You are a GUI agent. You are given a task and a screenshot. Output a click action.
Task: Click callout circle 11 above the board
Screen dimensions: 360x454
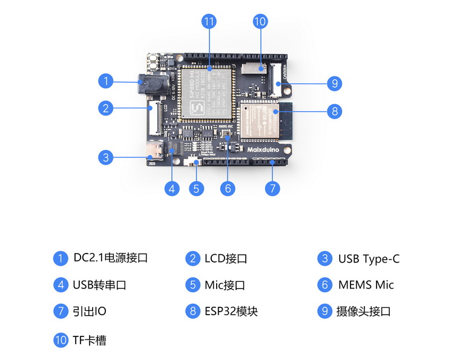pos(209,22)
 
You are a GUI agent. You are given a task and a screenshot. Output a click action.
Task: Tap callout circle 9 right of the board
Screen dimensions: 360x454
pos(334,83)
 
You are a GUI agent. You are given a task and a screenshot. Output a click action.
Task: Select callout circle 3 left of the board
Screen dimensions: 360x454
pos(106,157)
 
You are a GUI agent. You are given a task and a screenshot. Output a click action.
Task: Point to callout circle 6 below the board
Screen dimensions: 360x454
pos(227,188)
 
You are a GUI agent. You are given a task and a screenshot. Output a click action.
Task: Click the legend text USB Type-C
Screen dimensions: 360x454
pos(369,259)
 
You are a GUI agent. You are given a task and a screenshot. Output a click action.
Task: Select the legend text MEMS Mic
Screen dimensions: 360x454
pos(366,285)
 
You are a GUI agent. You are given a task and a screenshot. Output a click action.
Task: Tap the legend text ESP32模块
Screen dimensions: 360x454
pos(231,312)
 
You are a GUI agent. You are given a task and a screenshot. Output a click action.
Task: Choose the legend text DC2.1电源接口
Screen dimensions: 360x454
pos(110,258)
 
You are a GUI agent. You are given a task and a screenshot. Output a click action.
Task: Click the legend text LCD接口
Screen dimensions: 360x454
pos(226,259)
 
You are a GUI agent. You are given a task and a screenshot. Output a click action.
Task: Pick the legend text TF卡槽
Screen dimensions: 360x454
pos(90,340)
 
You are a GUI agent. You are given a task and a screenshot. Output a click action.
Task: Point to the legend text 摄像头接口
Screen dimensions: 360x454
pos(363,312)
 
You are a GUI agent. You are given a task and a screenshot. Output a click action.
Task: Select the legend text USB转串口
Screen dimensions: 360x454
pos(99,285)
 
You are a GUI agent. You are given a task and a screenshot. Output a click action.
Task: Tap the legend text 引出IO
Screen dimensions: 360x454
pos(90,312)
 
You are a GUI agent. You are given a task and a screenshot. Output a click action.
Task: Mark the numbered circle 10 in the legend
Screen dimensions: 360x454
pos(61,340)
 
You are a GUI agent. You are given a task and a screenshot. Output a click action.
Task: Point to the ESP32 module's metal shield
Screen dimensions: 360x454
pos(259,120)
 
